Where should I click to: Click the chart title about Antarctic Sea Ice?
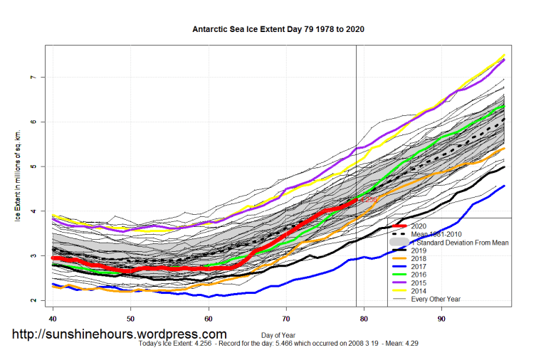point(279,30)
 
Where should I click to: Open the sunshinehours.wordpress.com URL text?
point(120,334)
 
